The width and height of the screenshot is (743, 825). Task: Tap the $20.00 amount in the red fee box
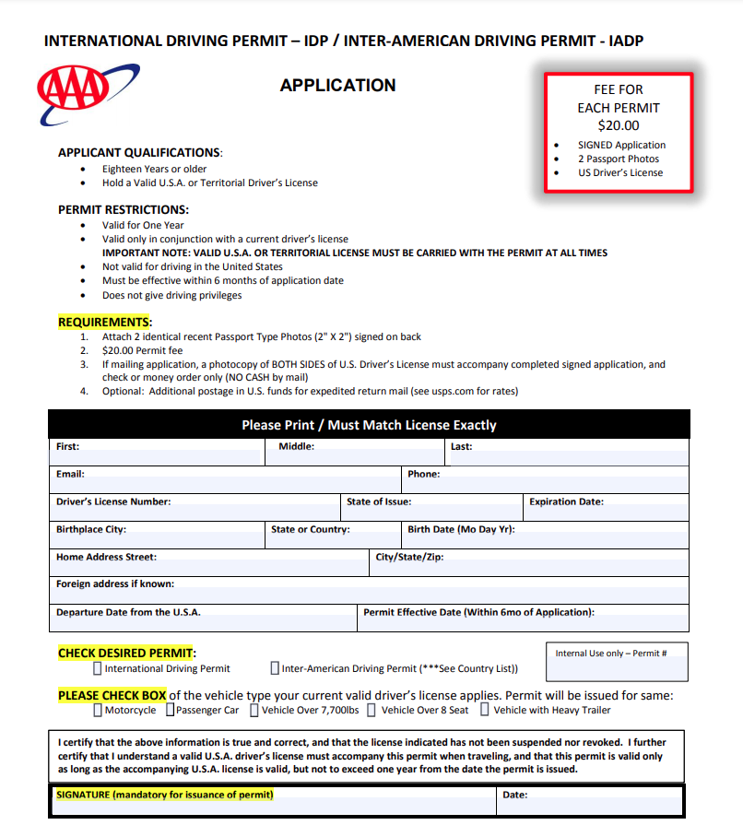[x=618, y=125]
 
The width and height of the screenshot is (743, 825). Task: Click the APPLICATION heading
[x=337, y=86]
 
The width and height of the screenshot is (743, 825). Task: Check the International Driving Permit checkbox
[x=98, y=668]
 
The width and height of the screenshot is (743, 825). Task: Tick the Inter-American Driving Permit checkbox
[x=275, y=668]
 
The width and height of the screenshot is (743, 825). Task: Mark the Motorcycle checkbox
[x=98, y=710]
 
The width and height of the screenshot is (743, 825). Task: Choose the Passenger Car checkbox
[x=170, y=710]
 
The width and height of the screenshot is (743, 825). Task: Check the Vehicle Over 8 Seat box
[x=371, y=710]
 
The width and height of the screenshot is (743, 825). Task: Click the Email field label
[x=70, y=474]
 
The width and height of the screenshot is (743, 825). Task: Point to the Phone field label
[x=423, y=474]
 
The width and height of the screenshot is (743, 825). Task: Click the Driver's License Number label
[x=113, y=501]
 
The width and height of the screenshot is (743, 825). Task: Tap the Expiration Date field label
[x=566, y=501]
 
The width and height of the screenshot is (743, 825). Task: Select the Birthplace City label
[x=91, y=529]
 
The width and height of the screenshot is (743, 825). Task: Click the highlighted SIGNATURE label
[x=165, y=794]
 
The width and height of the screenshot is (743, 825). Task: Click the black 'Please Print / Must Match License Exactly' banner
[x=369, y=425]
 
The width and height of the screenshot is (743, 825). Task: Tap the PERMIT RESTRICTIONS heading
[x=123, y=209]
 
